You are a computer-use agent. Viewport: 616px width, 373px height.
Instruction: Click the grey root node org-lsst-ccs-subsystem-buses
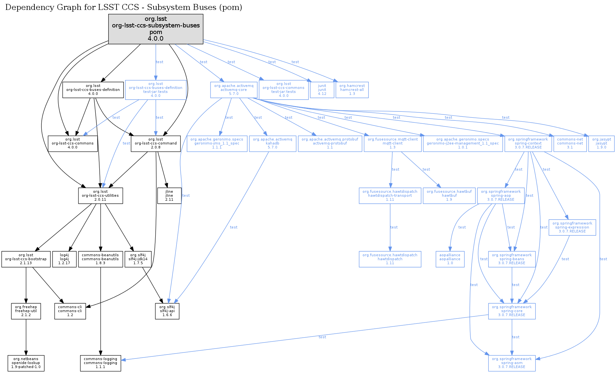coord(156,29)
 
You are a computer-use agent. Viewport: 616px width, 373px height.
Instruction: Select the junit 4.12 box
coord(322,90)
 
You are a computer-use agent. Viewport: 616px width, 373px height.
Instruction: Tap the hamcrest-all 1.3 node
coord(352,90)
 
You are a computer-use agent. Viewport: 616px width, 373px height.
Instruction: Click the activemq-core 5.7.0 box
coord(234,90)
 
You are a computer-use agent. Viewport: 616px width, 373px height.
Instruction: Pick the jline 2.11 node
coord(169,195)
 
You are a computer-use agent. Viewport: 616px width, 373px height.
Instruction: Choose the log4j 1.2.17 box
coord(64,259)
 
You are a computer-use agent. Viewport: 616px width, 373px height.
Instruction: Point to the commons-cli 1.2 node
coord(70,311)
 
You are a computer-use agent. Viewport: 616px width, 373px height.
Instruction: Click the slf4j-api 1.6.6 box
coord(167,311)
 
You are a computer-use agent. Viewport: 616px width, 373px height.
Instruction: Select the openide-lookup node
coord(26,363)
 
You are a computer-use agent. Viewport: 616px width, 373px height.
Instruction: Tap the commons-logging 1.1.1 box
coord(100,363)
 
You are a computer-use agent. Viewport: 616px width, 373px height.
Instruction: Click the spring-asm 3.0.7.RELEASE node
coord(512,363)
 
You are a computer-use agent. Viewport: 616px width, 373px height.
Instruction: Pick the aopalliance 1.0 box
coord(450,259)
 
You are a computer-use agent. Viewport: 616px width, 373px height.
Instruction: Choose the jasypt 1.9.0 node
coord(601,143)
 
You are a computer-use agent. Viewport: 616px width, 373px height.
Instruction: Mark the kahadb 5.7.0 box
coord(272,143)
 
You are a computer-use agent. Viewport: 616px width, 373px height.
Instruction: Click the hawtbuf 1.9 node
coord(449,195)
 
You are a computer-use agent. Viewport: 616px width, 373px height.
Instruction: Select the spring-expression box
coord(572,227)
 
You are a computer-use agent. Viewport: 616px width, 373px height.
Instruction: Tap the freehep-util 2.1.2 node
coord(26,311)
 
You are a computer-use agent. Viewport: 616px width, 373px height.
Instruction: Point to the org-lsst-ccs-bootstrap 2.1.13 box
coord(26,259)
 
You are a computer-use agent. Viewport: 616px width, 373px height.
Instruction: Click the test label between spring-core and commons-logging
coord(322,337)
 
